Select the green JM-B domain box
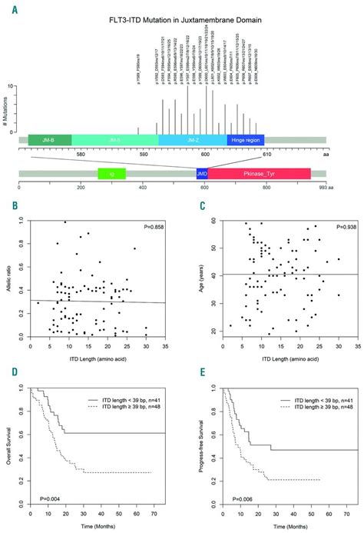50,140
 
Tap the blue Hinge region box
246,140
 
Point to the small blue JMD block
202,175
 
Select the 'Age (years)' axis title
194,278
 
